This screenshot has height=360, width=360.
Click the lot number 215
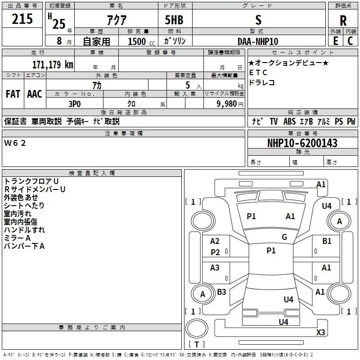click(22, 19)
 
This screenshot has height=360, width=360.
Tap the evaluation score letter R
click(343, 21)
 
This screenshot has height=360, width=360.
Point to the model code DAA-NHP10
click(258, 41)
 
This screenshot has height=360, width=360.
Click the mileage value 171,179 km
click(53, 64)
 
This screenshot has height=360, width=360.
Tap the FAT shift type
click(13, 94)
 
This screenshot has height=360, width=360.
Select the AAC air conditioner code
click(34, 94)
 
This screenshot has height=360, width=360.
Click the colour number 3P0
click(74, 103)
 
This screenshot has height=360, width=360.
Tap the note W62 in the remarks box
click(15, 143)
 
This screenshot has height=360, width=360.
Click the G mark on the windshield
click(284, 237)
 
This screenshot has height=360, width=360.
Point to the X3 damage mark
click(320, 333)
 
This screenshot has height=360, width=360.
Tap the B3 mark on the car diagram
click(221, 292)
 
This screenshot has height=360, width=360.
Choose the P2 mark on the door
click(216, 252)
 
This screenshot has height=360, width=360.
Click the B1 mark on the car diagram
click(326, 241)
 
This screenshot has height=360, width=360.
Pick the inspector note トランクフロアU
click(31, 181)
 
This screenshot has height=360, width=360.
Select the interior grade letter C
click(350, 41)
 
